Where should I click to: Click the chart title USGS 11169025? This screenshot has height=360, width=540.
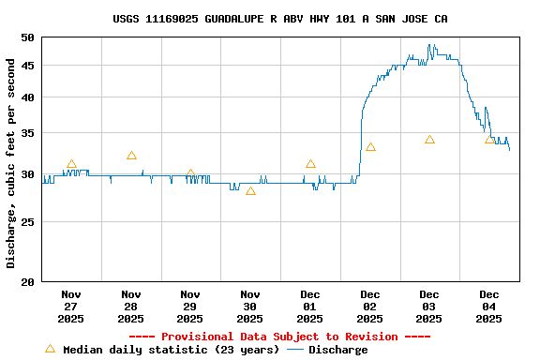pos(279,19)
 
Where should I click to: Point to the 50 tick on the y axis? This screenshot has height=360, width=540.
pos(26,37)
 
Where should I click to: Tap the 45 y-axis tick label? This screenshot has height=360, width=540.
pos(26,66)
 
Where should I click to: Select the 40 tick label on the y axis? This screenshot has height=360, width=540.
pos(26,97)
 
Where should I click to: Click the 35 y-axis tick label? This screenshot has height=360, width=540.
pos(26,134)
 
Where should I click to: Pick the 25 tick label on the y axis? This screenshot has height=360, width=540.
pos(26,222)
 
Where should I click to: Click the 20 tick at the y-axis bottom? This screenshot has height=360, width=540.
pos(26,281)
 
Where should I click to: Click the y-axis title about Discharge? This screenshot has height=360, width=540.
pos(11,163)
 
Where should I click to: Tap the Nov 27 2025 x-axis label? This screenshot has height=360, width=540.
pos(71,307)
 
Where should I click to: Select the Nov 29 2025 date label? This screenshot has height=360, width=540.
pos(190,307)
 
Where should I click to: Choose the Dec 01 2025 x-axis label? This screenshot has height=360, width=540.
pos(309,307)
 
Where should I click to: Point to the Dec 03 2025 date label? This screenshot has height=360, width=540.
pos(429,307)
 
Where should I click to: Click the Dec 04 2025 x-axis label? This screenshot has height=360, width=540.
pos(488,307)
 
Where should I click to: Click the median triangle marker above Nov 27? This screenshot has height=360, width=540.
pos(71,164)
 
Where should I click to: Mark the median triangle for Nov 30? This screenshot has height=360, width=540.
pos(250,190)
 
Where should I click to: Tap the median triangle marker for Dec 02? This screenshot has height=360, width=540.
pos(370,147)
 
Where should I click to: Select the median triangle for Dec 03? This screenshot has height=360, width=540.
pos(429,140)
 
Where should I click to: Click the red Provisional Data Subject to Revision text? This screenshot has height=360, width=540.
pos(279,337)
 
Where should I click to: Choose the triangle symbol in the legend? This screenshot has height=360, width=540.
pos(50,349)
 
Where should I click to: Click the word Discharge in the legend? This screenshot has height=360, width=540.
pos(338,350)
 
